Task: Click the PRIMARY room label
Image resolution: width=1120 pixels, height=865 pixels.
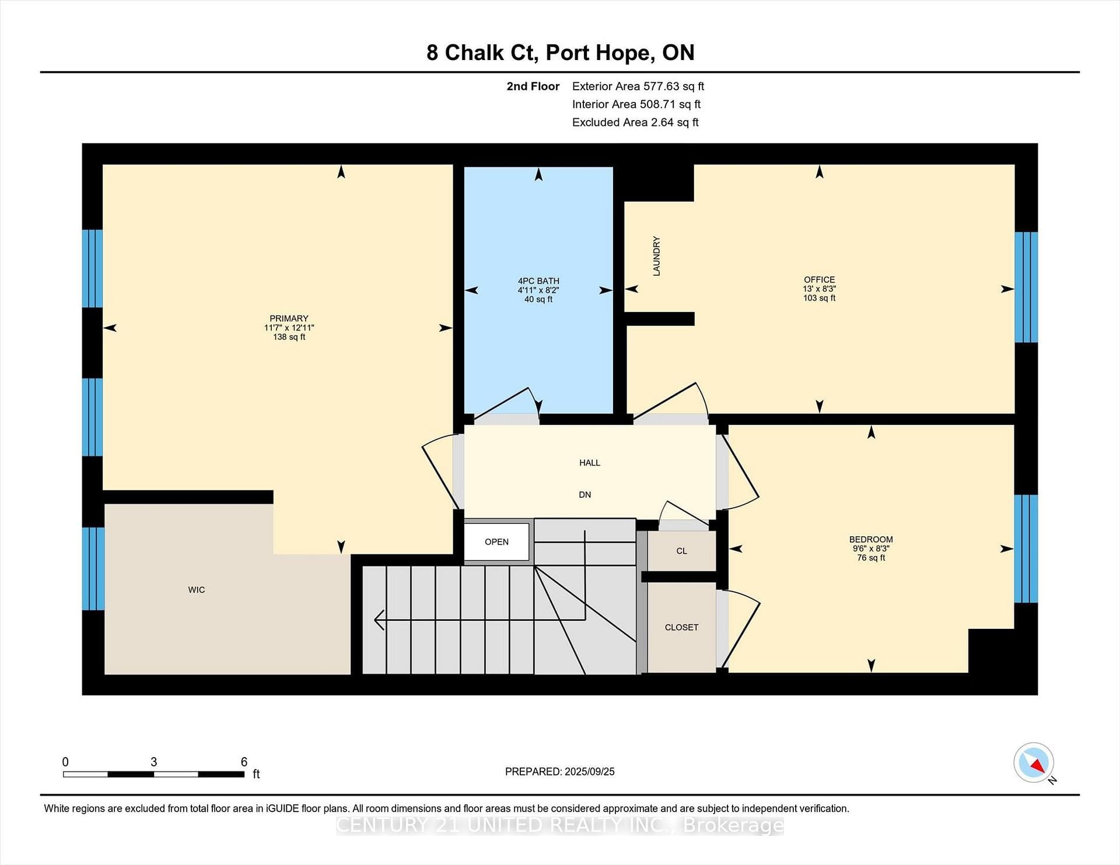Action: [289, 318]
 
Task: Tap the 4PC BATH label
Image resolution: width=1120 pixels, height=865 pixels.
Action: [538, 281]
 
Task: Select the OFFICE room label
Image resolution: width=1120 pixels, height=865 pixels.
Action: [819, 280]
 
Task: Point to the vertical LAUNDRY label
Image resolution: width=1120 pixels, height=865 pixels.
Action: [656, 256]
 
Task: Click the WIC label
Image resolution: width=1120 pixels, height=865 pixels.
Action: [197, 590]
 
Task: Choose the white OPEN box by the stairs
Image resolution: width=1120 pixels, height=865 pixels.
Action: [496, 542]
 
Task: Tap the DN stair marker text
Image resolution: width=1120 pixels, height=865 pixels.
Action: [584, 495]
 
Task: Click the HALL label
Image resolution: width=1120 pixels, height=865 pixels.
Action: [590, 463]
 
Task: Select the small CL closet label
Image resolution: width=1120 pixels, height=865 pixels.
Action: [681, 551]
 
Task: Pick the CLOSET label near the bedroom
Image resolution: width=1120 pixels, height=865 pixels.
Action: [681, 627]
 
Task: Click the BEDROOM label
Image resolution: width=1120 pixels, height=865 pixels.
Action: [871, 540]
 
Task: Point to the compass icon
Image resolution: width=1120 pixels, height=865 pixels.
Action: [1034, 762]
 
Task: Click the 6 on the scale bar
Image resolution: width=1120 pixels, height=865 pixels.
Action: [244, 762]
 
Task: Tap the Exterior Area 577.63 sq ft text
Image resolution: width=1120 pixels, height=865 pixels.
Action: [638, 86]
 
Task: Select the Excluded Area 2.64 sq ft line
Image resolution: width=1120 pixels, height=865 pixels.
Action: [635, 122]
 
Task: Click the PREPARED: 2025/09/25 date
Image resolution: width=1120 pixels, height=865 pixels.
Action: [560, 772]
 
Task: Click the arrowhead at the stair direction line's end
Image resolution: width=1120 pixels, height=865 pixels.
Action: [379, 620]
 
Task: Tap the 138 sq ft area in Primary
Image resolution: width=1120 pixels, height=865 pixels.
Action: [289, 337]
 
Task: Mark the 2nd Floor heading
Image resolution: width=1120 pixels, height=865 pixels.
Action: [533, 86]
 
